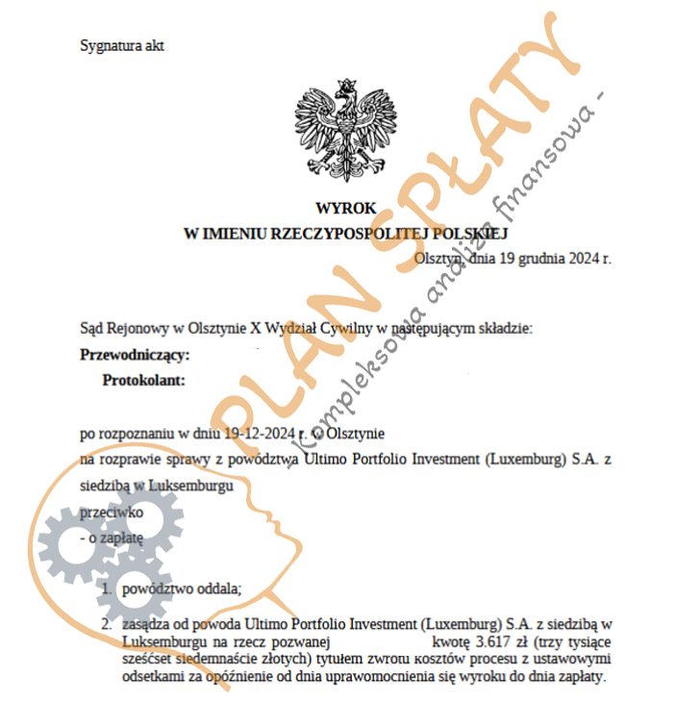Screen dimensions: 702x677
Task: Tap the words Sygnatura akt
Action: point(122,45)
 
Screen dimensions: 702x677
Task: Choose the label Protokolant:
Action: point(143,380)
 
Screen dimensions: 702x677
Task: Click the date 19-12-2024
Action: point(262,434)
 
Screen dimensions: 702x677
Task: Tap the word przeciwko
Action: point(112,514)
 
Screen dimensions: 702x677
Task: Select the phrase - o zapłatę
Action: point(112,539)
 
